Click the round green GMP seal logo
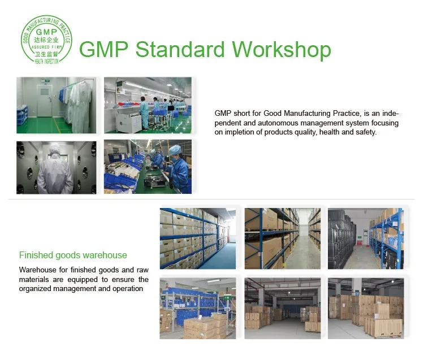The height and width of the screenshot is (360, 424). pyautogui.click(x=46, y=39)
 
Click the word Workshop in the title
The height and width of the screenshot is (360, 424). pyautogui.click(x=282, y=50)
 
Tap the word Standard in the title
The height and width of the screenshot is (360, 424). pyautogui.click(x=180, y=49)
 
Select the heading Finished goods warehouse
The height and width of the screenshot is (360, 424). pyautogui.click(x=73, y=255)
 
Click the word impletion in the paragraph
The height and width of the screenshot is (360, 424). pyautogui.click(x=241, y=132)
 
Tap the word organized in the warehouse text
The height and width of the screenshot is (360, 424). pyautogui.click(x=35, y=289)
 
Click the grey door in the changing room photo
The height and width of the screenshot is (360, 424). pyautogui.click(x=45, y=100)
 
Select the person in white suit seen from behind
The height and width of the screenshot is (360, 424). pyautogui.click(x=55, y=170)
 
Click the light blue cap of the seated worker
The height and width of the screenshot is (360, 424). pyautogui.click(x=175, y=149)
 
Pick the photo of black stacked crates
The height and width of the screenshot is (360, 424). pyautogui.click(x=366, y=238)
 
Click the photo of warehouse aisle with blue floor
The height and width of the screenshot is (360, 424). pyautogui.click(x=198, y=238)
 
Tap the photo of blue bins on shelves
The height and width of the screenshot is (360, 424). pyautogui.click(x=198, y=309)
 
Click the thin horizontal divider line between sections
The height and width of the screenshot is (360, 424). pyautogui.click(x=211, y=199)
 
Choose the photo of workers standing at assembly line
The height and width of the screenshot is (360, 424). pyautogui.click(x=148, y=105)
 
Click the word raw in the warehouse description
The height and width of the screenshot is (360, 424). pyautogui.click(x=142, y=270)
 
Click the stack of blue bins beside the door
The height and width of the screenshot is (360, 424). pyautogui.click(x=22, y=115)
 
